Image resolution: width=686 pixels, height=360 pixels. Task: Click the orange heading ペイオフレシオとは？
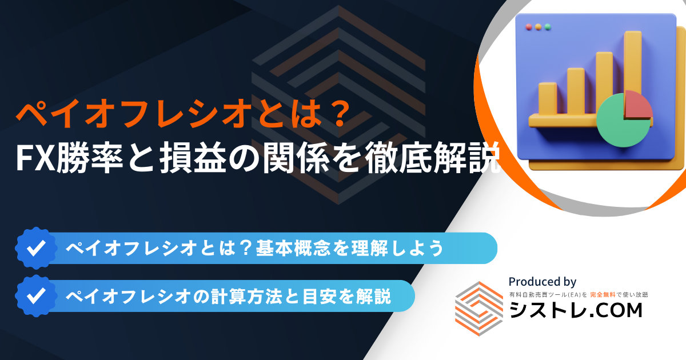pos(183,114)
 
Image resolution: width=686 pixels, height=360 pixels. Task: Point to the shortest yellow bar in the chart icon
pos(548,98)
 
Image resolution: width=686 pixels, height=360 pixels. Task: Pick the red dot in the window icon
pos(529,27)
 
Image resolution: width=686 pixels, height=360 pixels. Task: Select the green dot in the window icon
pos(548,27)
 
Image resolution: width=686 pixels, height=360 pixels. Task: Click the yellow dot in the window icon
pos(538,27)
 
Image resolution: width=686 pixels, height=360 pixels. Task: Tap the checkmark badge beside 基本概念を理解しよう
pos(36,248)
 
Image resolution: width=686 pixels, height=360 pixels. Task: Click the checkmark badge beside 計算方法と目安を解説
pos(36,296)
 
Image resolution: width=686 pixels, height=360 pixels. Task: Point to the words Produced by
pos(543,282)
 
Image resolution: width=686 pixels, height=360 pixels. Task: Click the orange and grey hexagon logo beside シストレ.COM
pos(479,309)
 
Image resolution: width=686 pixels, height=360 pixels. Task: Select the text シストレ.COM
pos(576,310)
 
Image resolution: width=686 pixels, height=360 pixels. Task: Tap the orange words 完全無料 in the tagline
pos(603,295)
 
